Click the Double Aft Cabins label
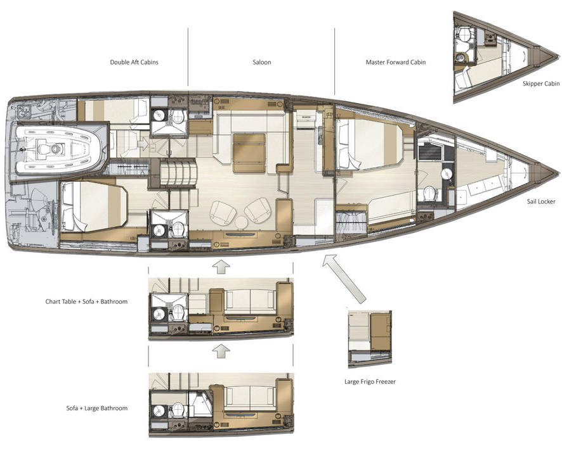coord(134,62)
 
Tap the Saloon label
coord(261,62)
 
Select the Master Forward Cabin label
coord(396,62)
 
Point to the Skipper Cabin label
coord(541,84)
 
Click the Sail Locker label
coord(541,201)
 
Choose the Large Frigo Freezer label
coord(370,382)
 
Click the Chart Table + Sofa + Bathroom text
coord(86,301)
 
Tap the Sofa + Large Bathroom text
coord(97,408)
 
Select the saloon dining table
coord(249,153)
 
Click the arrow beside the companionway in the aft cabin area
coord(143,144)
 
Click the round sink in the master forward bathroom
coord(447,174)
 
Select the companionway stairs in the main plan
coord(178,172)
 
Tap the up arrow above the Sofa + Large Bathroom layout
coord(221,351)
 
